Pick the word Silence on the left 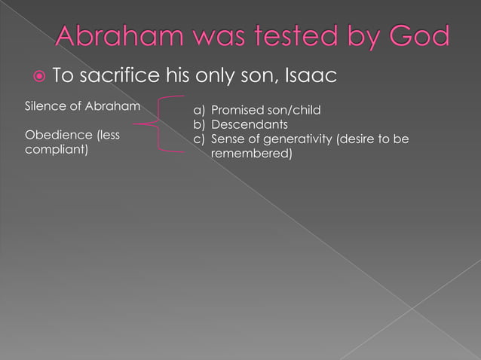[x=45, y=105]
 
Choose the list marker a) [x=200, y=111]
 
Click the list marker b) [x=200, y=124]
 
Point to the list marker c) [x=200, y=139]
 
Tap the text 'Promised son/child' [x=266, y=111]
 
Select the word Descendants [x=250, y=124]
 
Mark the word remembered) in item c [x=252, y=153]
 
